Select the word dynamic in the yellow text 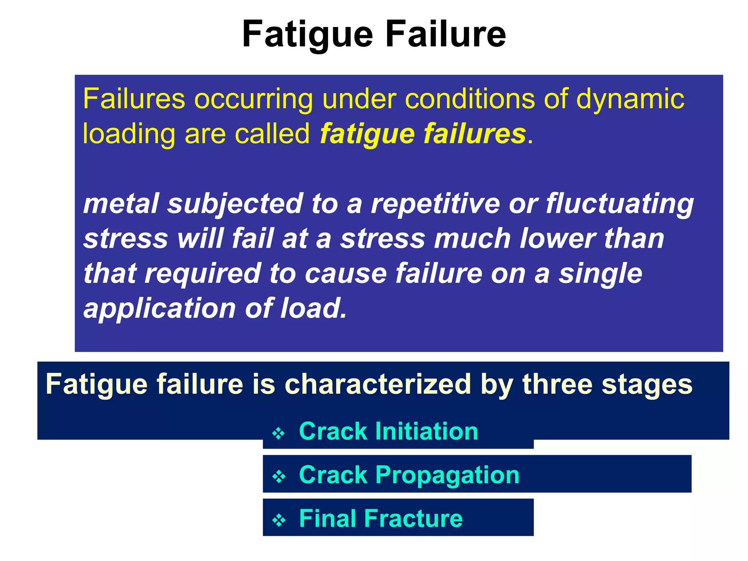[630, 99]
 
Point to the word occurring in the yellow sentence [253, 99]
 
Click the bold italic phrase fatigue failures [423, 134]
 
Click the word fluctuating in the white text [619, 204]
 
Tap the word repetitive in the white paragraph [435, 203]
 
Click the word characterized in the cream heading [378, 384]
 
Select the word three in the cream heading [557, 384]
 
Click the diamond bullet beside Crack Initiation [279, 434]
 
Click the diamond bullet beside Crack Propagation [279, 477]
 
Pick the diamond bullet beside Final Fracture [279, 520]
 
